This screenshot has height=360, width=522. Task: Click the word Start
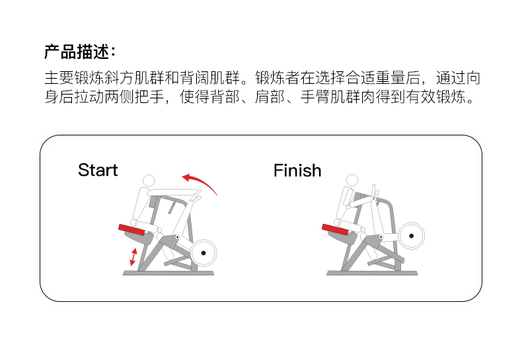[98, 170]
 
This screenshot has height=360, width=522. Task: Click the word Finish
[297, 170]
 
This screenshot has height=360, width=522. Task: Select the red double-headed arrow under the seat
[133, 256]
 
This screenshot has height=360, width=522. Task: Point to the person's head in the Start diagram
[149, 180]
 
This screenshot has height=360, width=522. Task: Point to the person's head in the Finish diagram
[352, 180]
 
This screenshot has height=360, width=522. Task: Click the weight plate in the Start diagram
[204, 252]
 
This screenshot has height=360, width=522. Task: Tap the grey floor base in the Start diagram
[168, 272]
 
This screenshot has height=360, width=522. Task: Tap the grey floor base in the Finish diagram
[373, 272]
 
